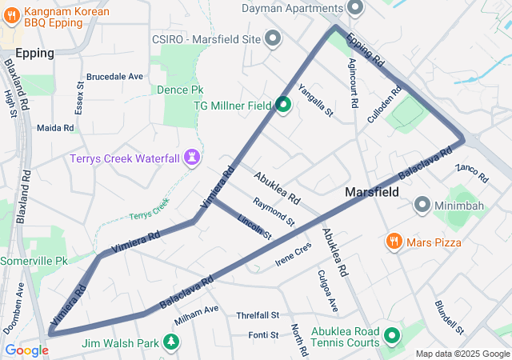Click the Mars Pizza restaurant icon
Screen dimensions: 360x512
(393, 240)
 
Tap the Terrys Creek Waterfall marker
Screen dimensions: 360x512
(192, 157)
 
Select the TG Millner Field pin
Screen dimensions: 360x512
(283, 105)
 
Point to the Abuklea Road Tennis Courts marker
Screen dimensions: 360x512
(392, 335)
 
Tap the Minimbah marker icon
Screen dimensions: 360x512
(422, 206)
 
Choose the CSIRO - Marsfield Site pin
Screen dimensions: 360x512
(273, 38)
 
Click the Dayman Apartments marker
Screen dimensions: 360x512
(355, 8)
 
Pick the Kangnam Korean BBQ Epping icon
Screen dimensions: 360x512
(11, 16)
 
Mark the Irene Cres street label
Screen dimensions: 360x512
(292, 250)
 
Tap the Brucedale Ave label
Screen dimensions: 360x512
(114, 77)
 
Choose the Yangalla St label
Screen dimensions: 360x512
(314, 102)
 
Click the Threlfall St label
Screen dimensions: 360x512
(258, 316)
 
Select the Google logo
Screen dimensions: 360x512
(26, 350)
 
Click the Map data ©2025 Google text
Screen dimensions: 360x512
(462, 354)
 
